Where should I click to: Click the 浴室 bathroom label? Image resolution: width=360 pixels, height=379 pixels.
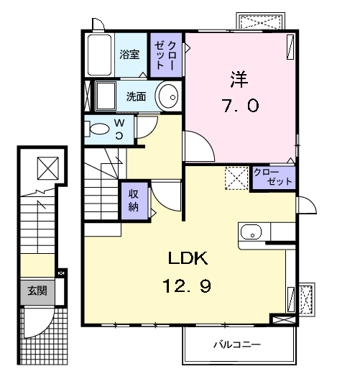point(130,54)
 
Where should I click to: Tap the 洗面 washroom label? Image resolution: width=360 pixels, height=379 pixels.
point(137,96)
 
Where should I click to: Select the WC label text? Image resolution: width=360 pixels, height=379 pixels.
point(119,130)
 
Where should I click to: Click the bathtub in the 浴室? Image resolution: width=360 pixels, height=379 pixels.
point(98,53)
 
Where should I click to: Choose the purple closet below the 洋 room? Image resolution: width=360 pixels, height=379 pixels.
point(273,178)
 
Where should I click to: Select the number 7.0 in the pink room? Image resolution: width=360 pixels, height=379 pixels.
point(239,105)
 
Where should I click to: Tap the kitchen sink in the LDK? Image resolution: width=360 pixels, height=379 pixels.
point(251,232)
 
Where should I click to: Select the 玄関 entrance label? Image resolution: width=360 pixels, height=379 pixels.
point(37,291)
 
